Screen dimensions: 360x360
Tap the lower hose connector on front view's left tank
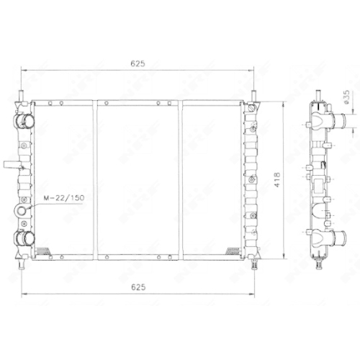coord(25,239)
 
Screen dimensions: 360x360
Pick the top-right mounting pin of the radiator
coord(253,94)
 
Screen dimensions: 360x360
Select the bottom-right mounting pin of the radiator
coord(253,263)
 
